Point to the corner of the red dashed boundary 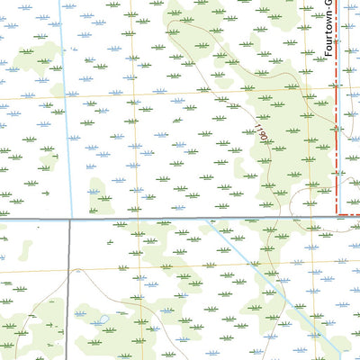(338, 213)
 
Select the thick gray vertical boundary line (68, 288)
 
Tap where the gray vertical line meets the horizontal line (68, 219)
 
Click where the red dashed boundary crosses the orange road (338, 88)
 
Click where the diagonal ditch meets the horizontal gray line (217, 219)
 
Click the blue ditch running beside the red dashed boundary (346, 135)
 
